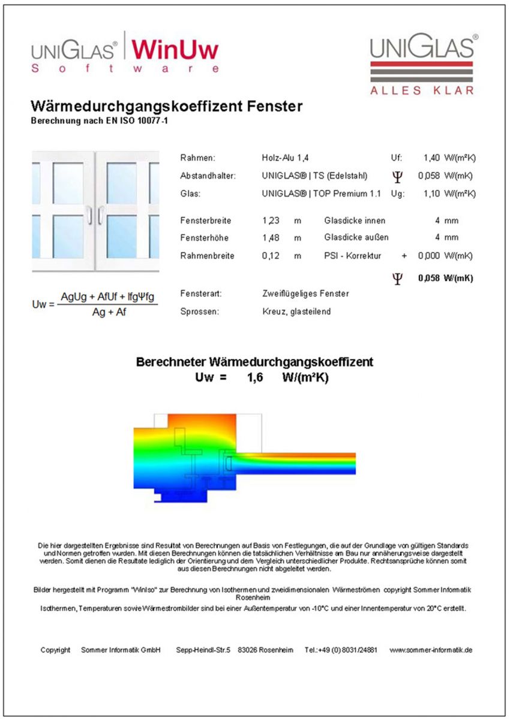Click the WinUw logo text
pyautogui.click(x=175, y=49)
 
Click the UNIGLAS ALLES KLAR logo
pyautogui.click(x=423, y=64)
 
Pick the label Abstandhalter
pyautogui.click(x=208, y=176)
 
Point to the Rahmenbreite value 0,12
pyautogui.click(x=271, y=256)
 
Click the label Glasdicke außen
pyautogui.click(x=356, y=238)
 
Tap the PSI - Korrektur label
pyautogui.click(x=352, y=256)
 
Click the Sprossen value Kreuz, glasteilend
pyautogui.click(x=296, y=312)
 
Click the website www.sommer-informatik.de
pyautogui.click(x=431, y=649)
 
